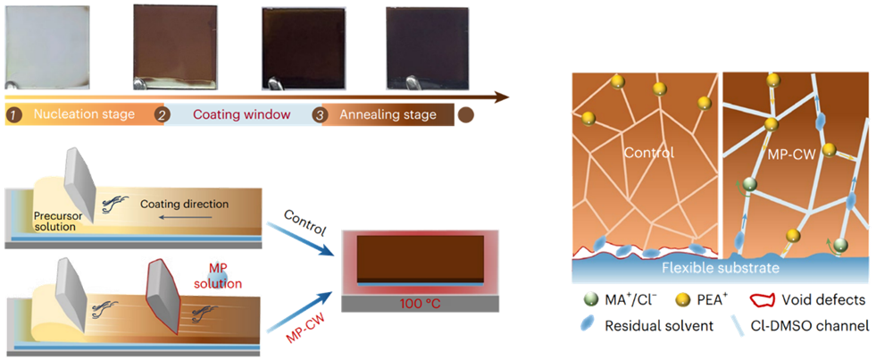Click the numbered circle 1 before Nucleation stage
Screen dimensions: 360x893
[x=13, y=115]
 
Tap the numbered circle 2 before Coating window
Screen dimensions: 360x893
[x=162, y=115]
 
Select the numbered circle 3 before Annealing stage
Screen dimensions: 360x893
[x=320, y=115]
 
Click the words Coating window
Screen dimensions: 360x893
[x=230, y=115]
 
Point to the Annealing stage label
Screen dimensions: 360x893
[x=388, y=115]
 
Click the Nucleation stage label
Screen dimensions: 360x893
[x=84, y=115]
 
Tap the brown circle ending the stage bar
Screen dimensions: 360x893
[x=466, y=115]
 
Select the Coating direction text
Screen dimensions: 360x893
[x=183, y=205]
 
